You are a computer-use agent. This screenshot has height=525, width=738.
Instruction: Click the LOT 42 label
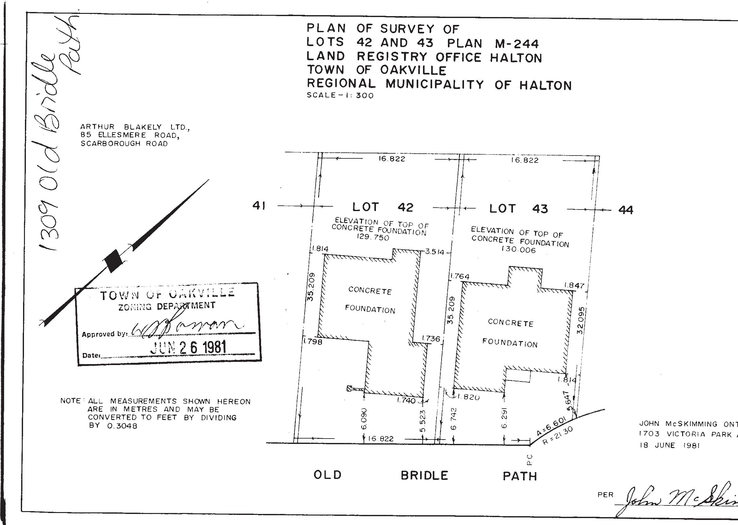(383, 207)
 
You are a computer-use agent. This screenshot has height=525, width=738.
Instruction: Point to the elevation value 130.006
(518, 250)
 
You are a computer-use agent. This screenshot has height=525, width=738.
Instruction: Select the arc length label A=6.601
(550, 425)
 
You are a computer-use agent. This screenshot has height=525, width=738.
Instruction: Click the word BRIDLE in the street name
(424, 475)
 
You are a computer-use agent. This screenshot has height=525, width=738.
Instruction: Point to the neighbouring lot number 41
(259, 206)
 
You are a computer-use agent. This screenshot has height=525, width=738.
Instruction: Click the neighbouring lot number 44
(626, 210)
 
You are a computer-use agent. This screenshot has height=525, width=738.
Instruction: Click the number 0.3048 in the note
(122, 426)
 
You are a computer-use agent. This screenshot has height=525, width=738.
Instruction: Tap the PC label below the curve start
(529, 459)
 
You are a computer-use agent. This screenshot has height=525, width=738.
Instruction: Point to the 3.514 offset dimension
(435, 252)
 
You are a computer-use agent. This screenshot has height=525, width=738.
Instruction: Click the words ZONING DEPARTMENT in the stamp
(167, 306)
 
